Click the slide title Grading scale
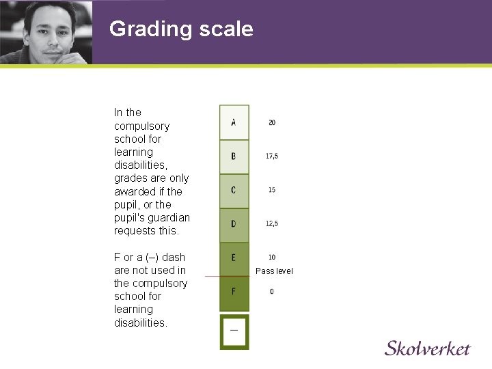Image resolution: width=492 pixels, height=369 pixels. tap(181, 29)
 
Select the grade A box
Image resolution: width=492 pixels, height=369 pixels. tap(234, 123)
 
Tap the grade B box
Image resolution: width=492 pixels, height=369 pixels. tap(234, 156)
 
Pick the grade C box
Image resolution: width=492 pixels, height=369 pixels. tap(234, 190)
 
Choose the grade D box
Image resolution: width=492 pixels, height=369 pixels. tap(234, 224)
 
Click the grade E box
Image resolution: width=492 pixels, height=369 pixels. tap(234, 258)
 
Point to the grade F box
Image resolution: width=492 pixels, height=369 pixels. tap(234, 292)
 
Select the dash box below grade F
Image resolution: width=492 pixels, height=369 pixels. tap(234, 331)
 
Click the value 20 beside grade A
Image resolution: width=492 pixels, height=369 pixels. tap(272, 123)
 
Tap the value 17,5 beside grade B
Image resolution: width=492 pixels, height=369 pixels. tap(272, 156)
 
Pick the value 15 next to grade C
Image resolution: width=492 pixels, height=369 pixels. tap(272, 190)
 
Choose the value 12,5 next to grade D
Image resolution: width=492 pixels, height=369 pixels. tap(272, 224)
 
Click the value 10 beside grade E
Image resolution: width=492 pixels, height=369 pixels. tap(272, 258)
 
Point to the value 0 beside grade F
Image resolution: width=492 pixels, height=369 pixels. tap(272, 292)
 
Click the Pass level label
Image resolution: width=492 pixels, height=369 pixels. tap(274, 271)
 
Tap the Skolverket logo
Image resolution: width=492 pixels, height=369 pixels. tap(427, 348)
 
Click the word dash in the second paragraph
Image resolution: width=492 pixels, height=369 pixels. tap(174, 258)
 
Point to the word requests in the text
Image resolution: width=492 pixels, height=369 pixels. tap(135, 231)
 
